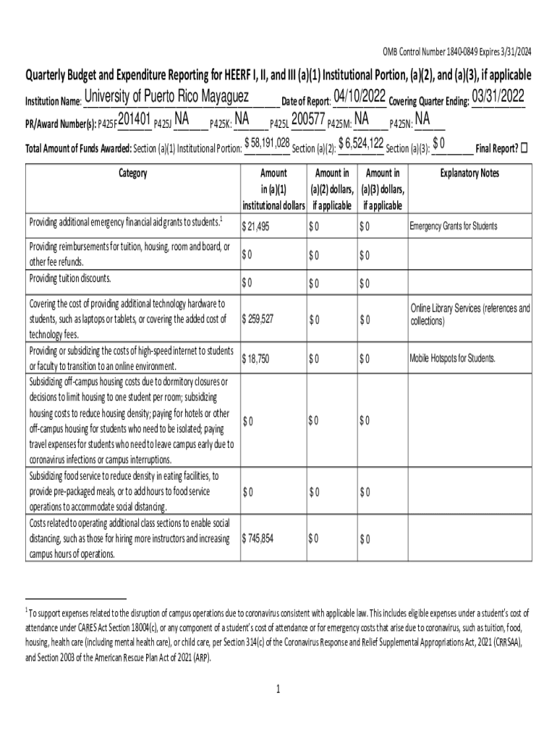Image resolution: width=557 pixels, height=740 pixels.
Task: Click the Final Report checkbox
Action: pos(524,147)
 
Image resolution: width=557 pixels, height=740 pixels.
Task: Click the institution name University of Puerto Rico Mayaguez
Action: pos(166,97)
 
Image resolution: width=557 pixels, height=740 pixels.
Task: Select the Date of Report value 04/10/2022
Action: pos(360,97)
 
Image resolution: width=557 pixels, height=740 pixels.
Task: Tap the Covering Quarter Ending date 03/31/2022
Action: pos(498,97)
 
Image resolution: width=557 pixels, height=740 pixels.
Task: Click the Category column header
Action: pos(132,173)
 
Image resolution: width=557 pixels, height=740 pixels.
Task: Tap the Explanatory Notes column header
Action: pos(469,173)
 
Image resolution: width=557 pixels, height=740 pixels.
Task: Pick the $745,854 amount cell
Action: pos(258,539)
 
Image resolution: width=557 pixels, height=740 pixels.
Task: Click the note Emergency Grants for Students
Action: pos(453,226)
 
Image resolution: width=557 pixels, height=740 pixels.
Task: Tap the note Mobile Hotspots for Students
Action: pos(453,358)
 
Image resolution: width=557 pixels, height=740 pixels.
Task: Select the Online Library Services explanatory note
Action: pos(469,314)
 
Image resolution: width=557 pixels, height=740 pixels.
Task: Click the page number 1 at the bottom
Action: pos(278,689)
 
